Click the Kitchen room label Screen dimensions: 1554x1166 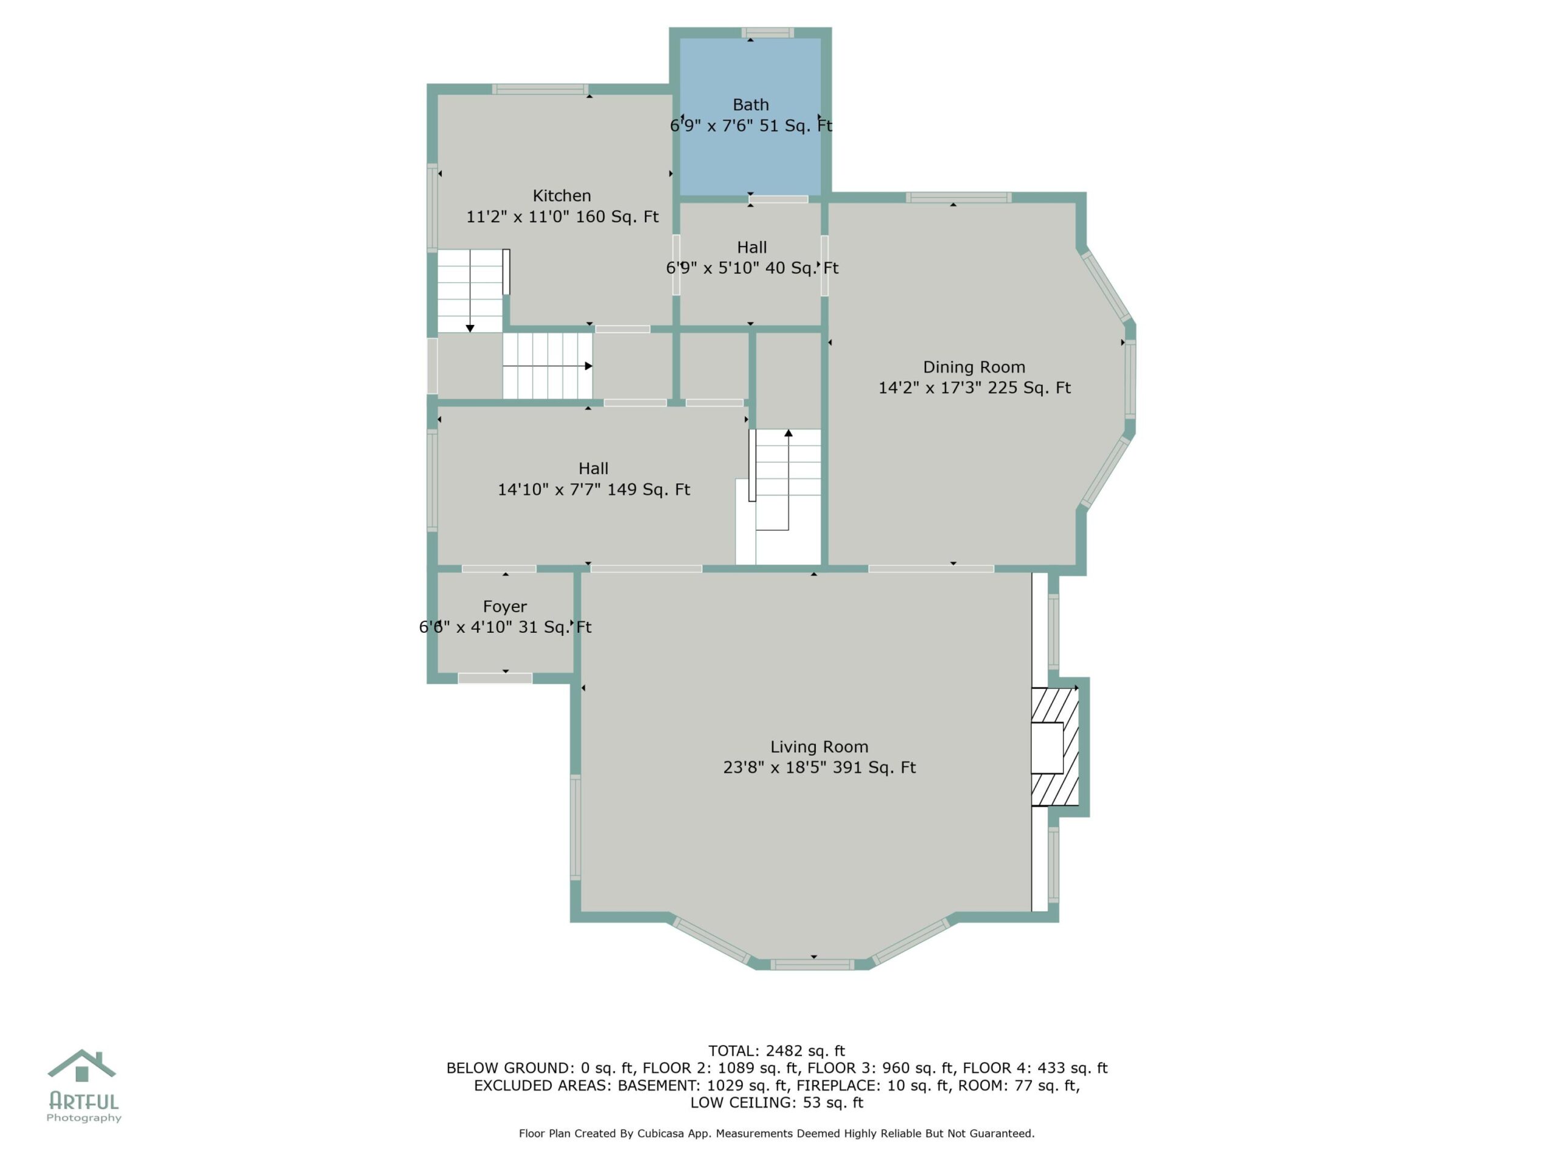[x=562, y=196]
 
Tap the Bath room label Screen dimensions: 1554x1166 [x=750, y=104]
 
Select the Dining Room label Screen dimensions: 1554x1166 [x=974, y=367]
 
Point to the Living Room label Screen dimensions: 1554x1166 [x=819, y=746]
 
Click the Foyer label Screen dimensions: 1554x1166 [x=504, y=607]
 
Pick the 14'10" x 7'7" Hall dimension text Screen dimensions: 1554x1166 [x=594, y=489]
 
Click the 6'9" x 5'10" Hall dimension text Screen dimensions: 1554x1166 [x=752, y=268]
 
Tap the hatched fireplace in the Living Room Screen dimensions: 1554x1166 [x=1054, y=746]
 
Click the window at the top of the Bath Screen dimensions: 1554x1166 [x=768, y=32]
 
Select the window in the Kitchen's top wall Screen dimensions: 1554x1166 [x=540, y=89]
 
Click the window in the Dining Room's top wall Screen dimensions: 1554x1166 [x=959, y=197]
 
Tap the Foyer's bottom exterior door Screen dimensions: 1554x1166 [x=495, y=678]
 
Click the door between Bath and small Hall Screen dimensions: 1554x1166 [x=778, y=200]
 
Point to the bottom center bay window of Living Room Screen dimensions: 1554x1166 [x=812, y=964]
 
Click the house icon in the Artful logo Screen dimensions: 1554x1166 [x=81, y=1066]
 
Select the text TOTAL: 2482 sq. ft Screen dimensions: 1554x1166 [x=776, y=1051]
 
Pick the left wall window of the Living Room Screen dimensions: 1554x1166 [x=575, y=827]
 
